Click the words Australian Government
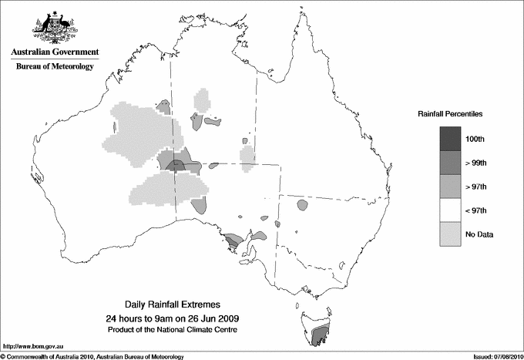52,52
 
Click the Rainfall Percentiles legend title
450,113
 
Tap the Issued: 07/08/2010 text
492,356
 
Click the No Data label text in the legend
479,234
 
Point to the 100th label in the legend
475,138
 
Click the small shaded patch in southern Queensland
301,205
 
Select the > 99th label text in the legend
475,162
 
